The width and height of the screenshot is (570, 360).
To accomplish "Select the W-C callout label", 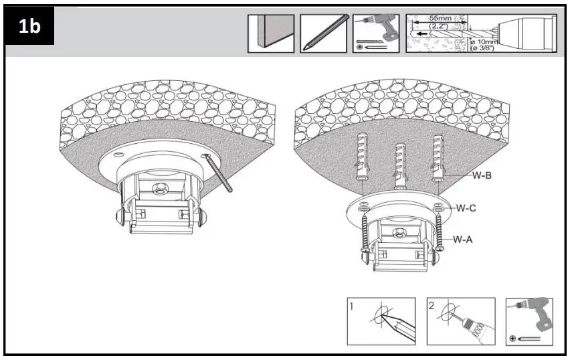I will point(466,208).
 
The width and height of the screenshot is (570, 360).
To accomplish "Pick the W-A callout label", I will point(464,239).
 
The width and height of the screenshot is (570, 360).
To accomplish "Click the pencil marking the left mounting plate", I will point(219,173).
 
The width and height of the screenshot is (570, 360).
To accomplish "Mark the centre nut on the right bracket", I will point(400,233).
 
